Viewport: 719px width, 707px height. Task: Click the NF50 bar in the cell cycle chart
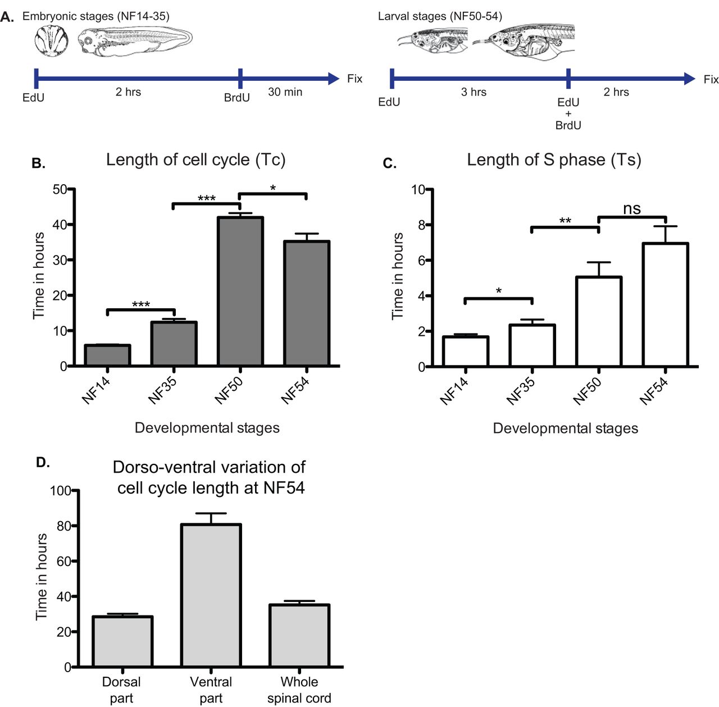240,291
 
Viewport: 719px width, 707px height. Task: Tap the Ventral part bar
211,595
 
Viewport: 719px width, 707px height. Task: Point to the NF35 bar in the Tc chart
174,344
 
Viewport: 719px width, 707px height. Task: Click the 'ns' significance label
632,209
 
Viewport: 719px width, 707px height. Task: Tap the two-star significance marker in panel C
565,221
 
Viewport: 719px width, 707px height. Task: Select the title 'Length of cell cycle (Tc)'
195,160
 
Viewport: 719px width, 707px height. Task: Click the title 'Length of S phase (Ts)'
554,160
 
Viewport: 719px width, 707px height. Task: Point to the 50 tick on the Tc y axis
60,189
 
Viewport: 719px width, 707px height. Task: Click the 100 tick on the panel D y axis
61,491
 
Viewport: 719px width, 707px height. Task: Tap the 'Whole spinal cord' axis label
299,690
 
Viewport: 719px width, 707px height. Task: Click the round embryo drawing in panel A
51,42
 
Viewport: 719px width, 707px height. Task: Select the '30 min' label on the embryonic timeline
285,92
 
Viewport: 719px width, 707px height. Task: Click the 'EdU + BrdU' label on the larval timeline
568,113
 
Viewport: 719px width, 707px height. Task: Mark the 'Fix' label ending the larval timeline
711,79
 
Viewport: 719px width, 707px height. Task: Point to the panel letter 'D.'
43,462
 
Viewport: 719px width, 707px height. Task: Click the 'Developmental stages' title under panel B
207,428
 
